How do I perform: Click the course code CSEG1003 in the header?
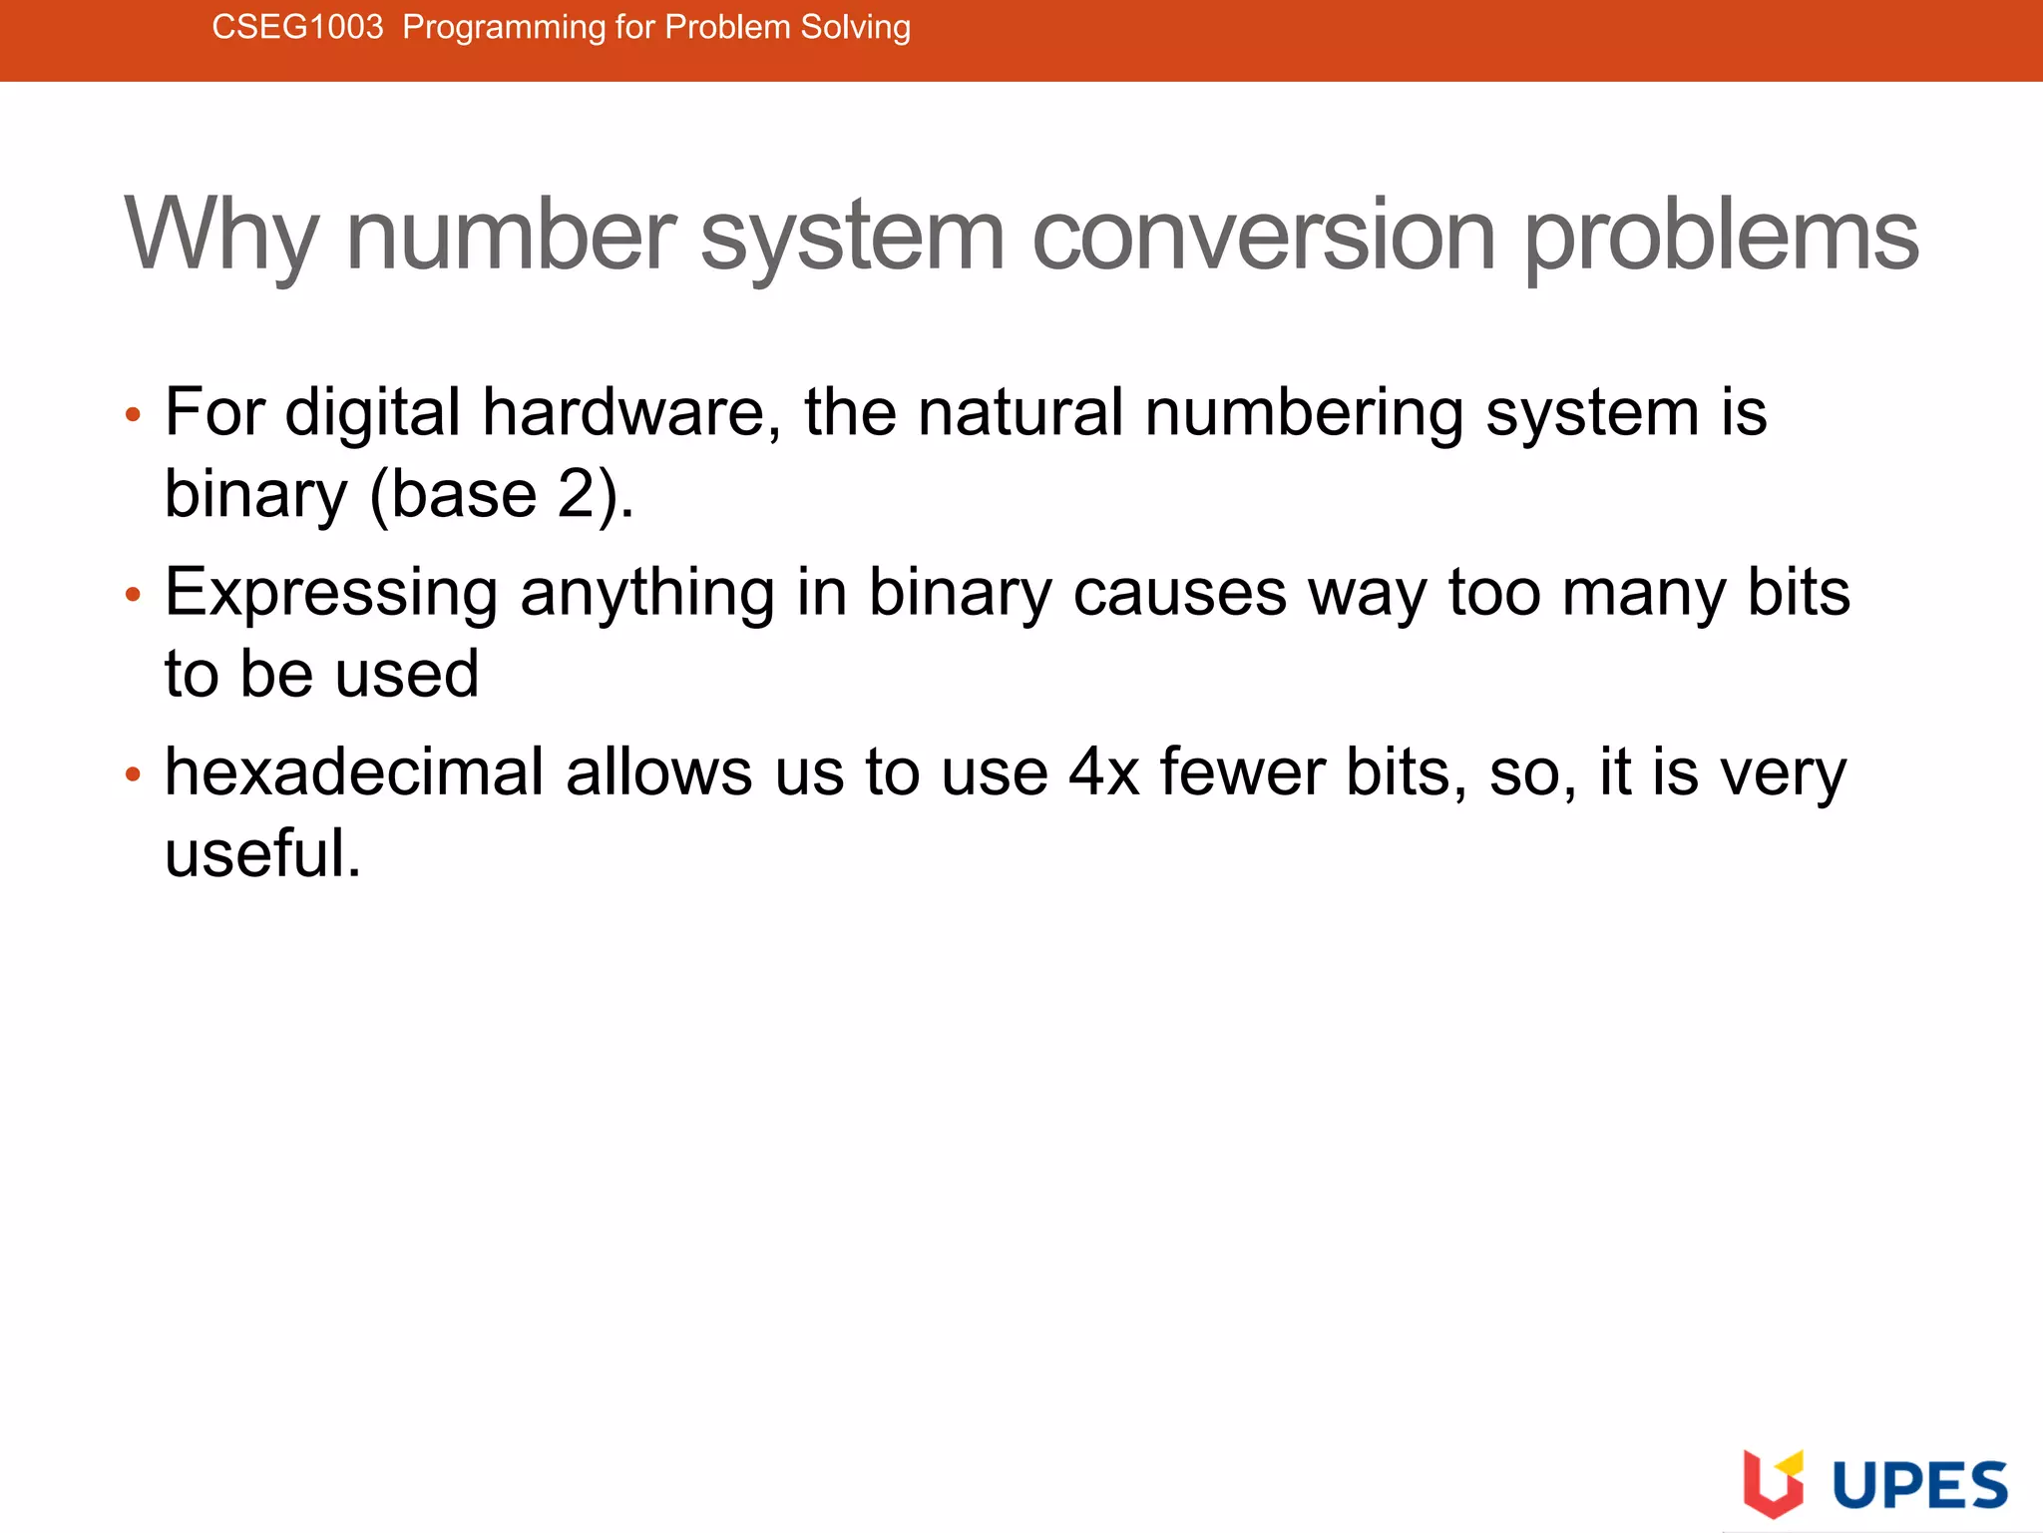297,27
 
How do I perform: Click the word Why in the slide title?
220,237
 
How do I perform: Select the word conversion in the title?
1263,236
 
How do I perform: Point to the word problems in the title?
1721,238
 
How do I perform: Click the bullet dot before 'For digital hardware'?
134,415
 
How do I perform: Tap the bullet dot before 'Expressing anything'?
134,596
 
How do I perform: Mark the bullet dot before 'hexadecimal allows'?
134,775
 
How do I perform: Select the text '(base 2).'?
502,494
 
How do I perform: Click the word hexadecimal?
354,772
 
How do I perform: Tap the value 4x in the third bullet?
1103,772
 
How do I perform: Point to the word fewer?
1242,772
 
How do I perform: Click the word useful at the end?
261,854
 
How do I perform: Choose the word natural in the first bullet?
1020,412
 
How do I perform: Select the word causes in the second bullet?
1179,593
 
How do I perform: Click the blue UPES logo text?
1919,1485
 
